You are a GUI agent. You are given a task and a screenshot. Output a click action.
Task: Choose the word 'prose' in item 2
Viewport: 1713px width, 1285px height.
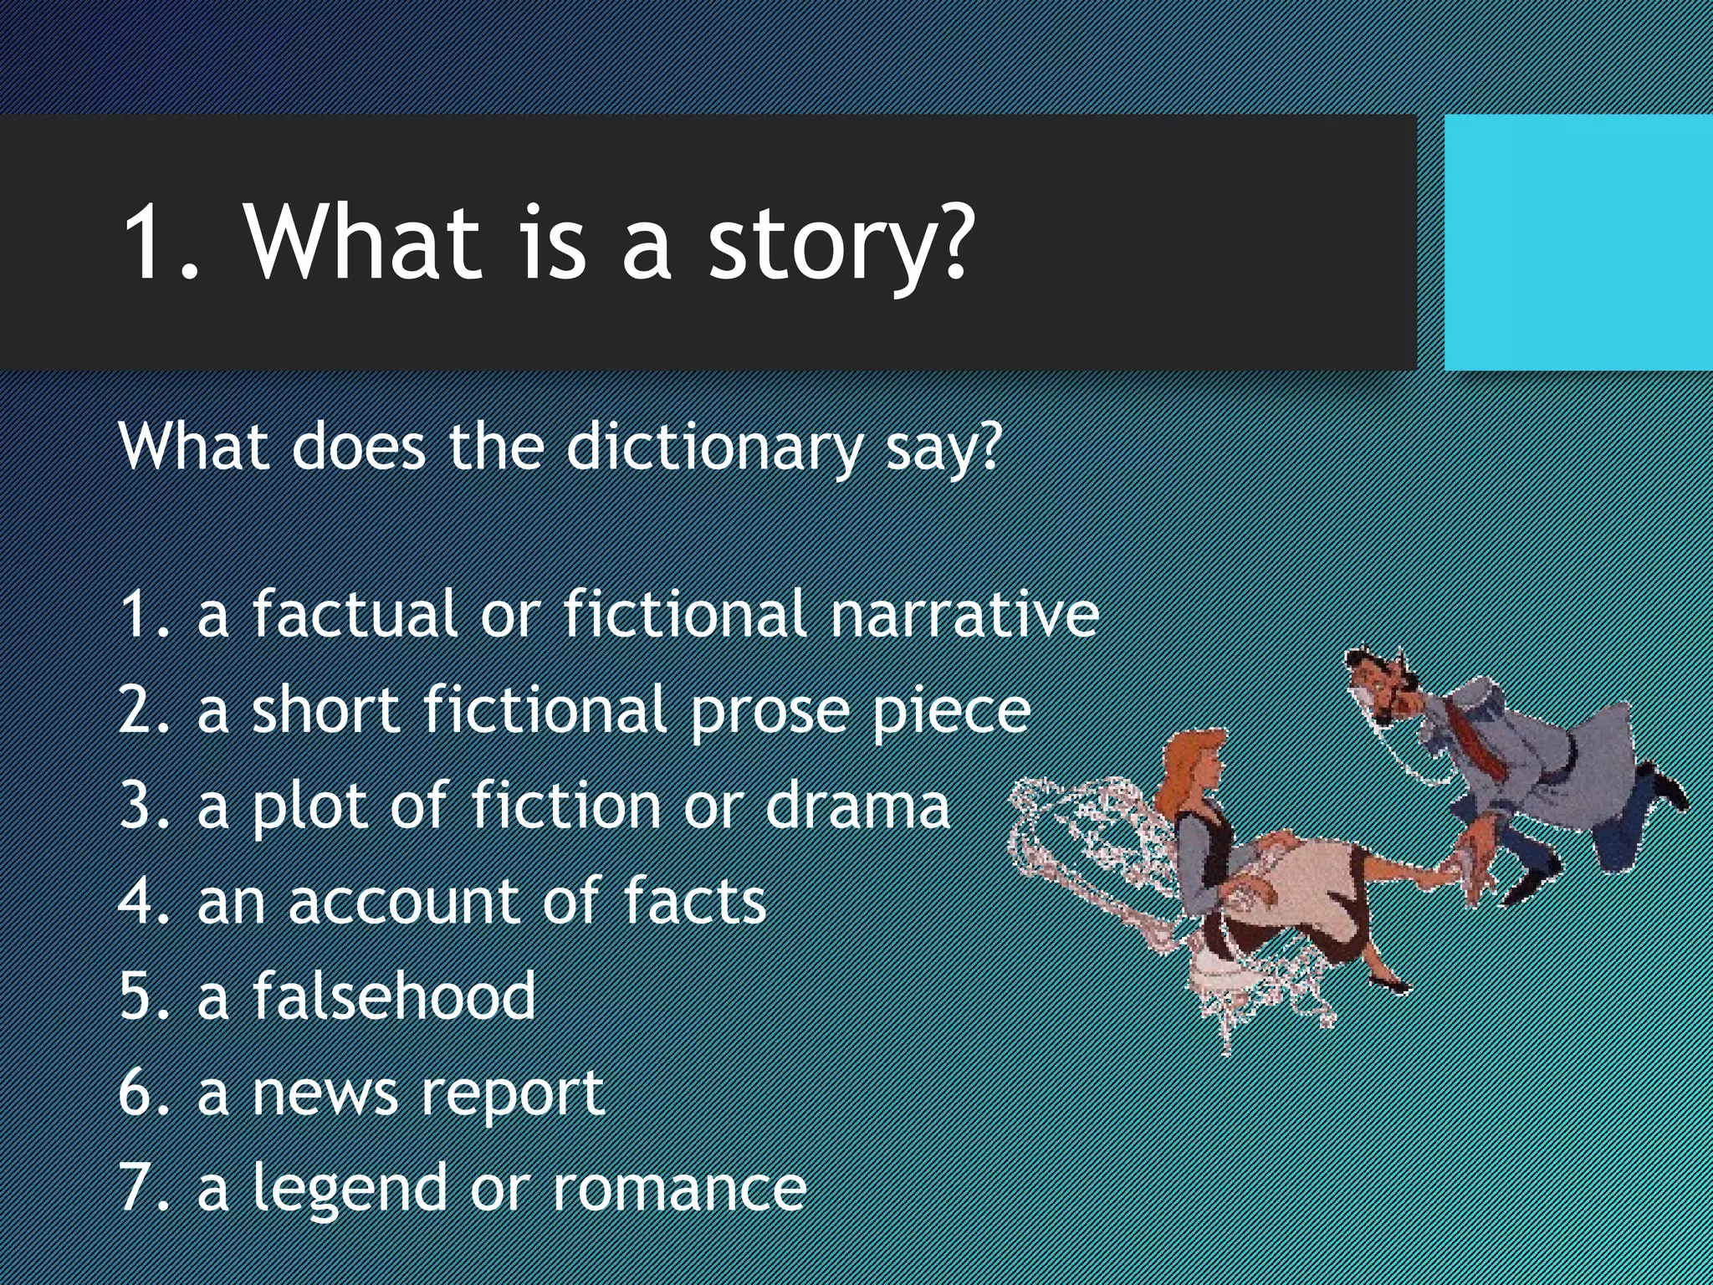(770, 711)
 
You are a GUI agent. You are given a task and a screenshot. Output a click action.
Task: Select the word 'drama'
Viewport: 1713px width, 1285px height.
(857, 806)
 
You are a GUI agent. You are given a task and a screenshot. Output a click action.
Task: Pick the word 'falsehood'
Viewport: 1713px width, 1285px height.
(394, 996)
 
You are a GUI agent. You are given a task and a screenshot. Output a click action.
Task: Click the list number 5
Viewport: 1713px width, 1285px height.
(135, 996)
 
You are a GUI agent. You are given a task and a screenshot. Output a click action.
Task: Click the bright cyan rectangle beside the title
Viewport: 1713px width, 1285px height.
(1577, 243)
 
